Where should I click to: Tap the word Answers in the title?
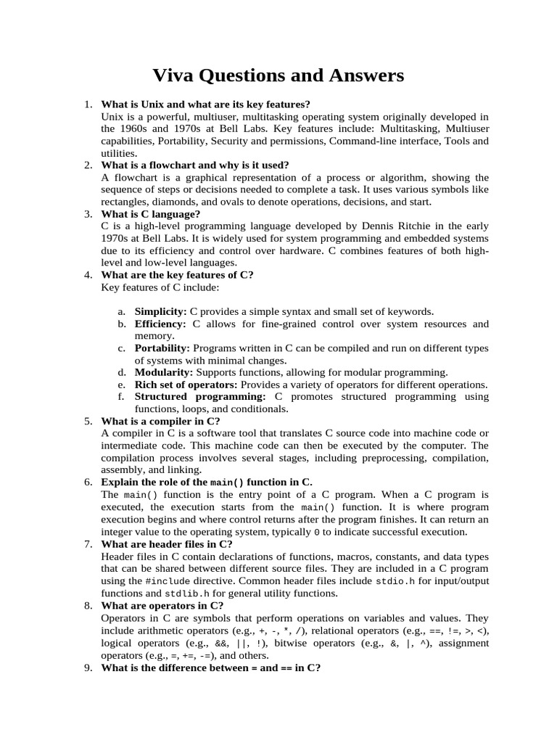363,75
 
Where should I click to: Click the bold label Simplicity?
160,311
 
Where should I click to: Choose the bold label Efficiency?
160,324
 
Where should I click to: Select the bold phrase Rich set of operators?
186,385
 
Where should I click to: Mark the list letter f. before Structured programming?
120,397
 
